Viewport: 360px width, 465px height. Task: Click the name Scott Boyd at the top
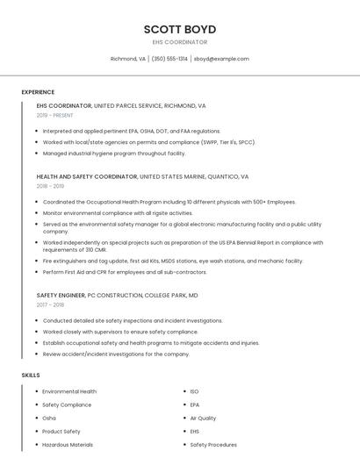point(180,29)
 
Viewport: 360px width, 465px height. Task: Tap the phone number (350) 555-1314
point(169,59)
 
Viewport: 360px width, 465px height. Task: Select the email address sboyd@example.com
point(221,59)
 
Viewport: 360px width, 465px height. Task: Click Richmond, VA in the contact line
point(128,59)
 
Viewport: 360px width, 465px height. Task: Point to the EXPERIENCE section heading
point(38,92)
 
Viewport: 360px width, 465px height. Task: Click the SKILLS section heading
point(31,375)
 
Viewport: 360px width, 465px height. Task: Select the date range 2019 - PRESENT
point(55,115)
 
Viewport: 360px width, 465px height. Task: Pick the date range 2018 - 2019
point(50,186)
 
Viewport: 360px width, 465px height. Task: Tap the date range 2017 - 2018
point(50,305)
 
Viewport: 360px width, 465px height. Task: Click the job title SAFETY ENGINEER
point(61,296)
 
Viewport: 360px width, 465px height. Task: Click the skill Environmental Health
point(69,391)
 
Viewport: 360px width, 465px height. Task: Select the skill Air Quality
point(203,418)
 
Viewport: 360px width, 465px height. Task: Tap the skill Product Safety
point(61,432)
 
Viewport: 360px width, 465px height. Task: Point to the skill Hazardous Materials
point(68,445)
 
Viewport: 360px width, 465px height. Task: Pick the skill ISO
point(195,391)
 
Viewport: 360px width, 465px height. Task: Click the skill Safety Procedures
point(213,445)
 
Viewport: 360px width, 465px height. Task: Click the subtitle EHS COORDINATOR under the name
point(180,42)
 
